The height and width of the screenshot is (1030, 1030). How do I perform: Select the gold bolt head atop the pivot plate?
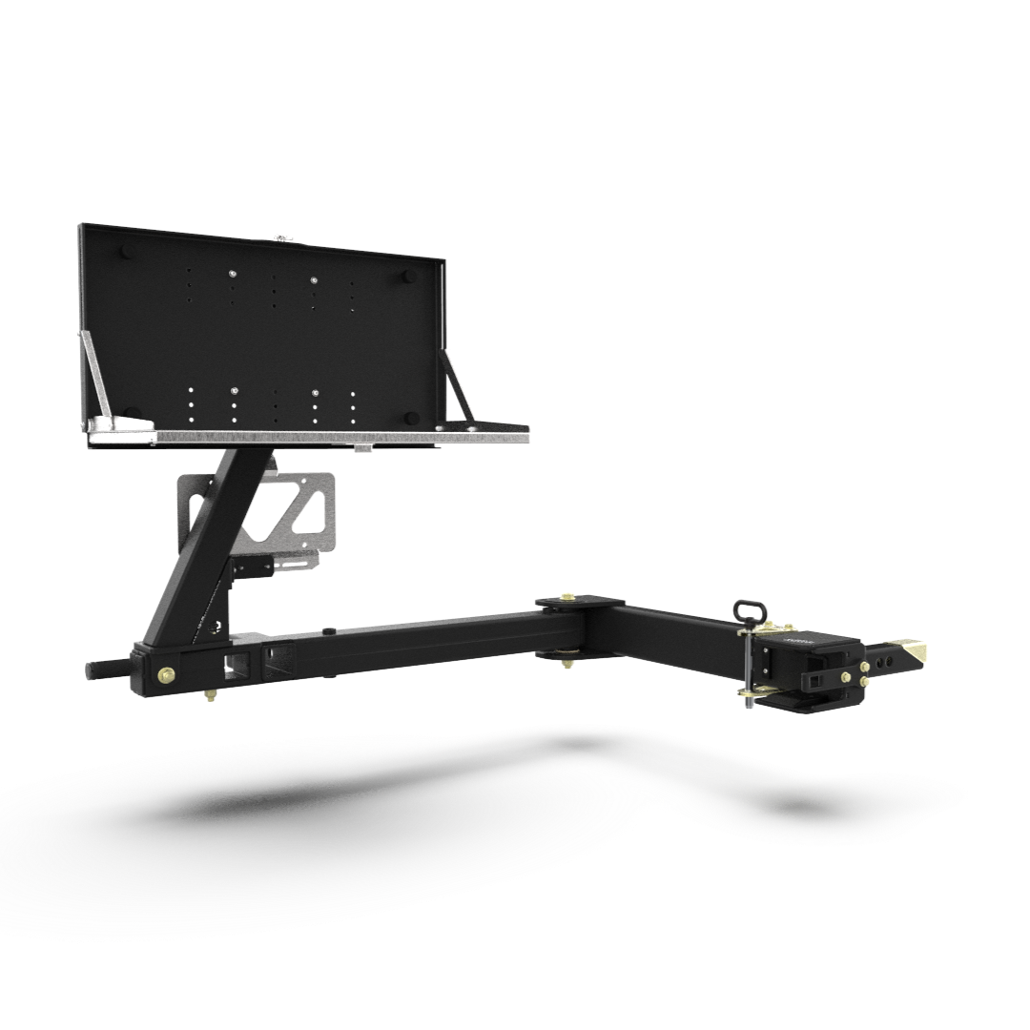pos(575,598)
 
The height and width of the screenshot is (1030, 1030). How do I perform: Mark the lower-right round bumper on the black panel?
pos(411,416)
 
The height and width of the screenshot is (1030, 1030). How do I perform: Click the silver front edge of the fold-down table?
pos(343,437)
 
